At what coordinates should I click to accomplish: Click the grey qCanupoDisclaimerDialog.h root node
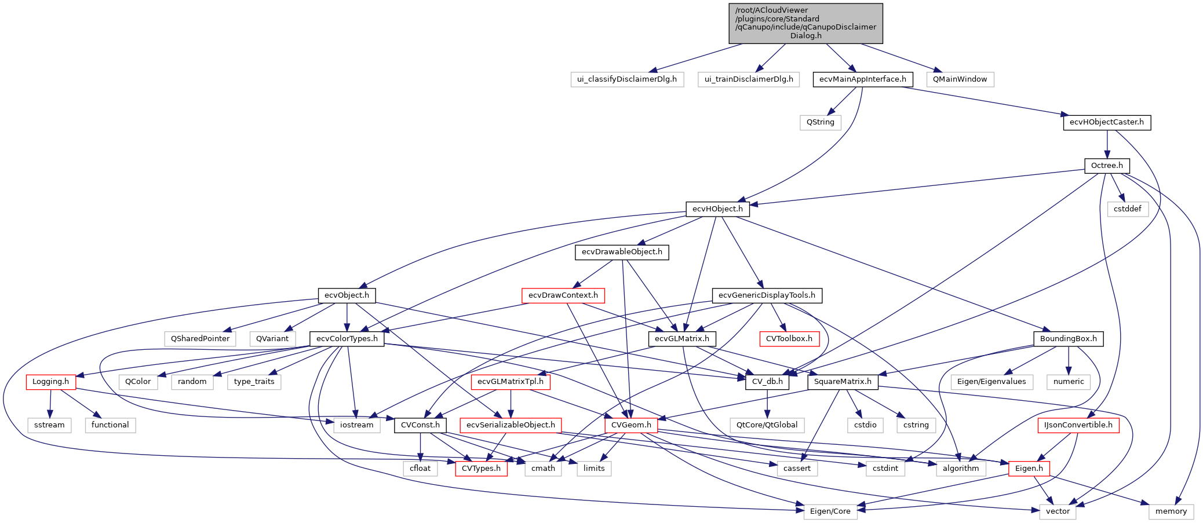[x=805, y=23]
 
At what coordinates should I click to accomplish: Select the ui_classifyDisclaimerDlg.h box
[x=627, y=79]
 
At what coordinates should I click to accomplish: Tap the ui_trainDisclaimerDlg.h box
[x=749, y=79]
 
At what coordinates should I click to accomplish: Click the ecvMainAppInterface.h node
[x=863, y=79]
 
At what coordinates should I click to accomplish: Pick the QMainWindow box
[x=960, y=79]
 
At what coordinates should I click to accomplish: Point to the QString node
[x=820, y=122]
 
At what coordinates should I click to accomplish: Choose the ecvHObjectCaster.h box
[x=1106, y=122]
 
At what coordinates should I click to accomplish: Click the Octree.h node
[x=1106, y=166]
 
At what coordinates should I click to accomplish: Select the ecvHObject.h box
[x=717, y=209]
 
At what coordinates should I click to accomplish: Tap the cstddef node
[x=1127, y=209]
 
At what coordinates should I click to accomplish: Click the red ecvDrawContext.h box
[x=563, y=295]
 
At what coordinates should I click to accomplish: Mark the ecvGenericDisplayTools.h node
[x=767, y=295]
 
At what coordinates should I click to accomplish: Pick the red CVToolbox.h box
[x=789, y=339]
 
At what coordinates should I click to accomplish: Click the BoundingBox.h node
[x=1068, y=339]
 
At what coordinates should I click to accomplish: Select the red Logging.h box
[x=50, y=382]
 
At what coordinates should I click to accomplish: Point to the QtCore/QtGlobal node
[x=767, y=425]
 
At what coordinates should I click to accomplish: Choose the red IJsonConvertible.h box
[x=1078, y=425]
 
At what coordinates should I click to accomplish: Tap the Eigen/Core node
[x=830, y=511]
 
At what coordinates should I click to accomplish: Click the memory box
[x=1171, y=511]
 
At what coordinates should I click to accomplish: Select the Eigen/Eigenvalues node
[x=991, y=382]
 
